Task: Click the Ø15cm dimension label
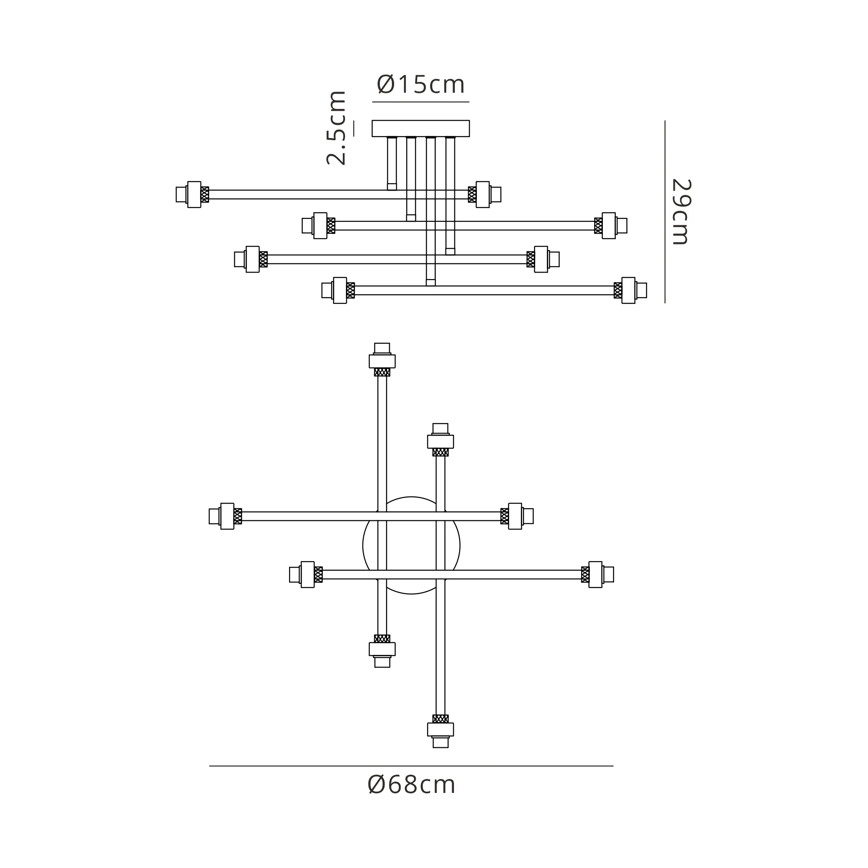point(421,84)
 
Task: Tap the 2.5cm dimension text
point(336,128)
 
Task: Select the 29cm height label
point(681,212)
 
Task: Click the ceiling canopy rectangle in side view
point(421,128)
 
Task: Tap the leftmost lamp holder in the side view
point(192,194)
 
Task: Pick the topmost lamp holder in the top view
point(382,359)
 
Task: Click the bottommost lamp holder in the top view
point(440,731)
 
